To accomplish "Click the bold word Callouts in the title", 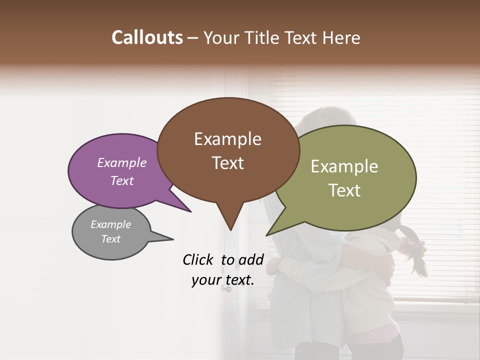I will point(147,37).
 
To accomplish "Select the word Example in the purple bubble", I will point(121,163).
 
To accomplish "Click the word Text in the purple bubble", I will point(121,180).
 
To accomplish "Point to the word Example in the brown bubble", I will point(227,139).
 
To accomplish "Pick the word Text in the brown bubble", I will point(228,163).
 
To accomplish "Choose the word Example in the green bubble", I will point(344,166).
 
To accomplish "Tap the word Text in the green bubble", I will point(344,190).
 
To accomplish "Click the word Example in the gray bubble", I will point(110,224).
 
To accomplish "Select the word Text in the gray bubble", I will point(110,239).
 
